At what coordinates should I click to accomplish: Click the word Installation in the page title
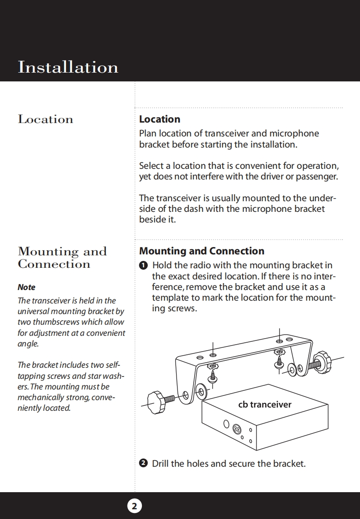[68, 67]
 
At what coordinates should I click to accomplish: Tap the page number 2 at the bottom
[134, 506]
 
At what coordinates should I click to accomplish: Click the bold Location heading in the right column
[159, 119]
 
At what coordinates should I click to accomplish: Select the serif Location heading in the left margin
[45, 119]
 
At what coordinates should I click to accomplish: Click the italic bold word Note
[26, 287]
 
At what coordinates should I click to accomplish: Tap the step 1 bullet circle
[143, 266]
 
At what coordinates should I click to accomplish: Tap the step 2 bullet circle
[143, 463]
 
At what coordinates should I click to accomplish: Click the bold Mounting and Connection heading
[201, 251]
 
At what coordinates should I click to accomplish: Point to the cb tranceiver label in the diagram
[265, 405]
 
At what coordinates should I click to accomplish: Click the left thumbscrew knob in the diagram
[156, 399]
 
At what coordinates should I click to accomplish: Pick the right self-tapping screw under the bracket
[280, 358]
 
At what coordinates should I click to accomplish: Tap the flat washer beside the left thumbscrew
[201, 390]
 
